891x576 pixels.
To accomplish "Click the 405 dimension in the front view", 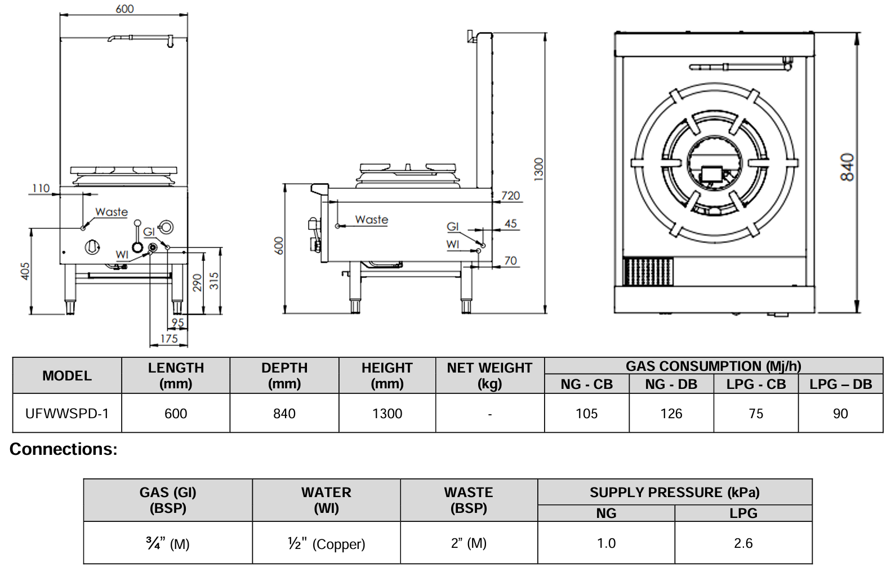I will pyautogui.click(x=25, y=271).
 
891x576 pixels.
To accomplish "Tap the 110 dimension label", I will pyautogui.click(x=41, y=188).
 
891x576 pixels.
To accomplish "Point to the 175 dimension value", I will pyautogui.click(x=169, y=338).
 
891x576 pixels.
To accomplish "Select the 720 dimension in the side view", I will pyautogui.click(x=510, y=196).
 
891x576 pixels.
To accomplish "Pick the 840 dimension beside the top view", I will pyautogui.click(x=847, y=167).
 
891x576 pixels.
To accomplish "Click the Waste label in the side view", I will pyautogui.click(x=372, y=220).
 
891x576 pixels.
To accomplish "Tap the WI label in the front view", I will pyautogui.click(x=122, y=255).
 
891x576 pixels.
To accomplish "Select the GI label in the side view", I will pyautogui.click(x=453, y=227).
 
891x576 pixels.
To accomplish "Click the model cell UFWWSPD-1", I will pyautogui.click(x=67, y=413).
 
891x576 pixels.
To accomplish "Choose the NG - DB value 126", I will pyautogui.click(x=671, y=414).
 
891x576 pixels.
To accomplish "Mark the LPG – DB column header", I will pyautogui.click(x=840, y=384).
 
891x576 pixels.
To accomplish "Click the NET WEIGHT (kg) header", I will pyautogui.click(x=489, y=375).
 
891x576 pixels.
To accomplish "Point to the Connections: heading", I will pyautogui.click(x=64, y=449).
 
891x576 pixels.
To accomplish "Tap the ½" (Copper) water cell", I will pyautogui.click(x=326, y=543).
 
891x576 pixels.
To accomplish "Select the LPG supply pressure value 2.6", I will pyautogui.click(x=743, y=543).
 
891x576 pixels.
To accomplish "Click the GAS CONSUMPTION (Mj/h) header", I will pyautogui.click(x=713, y=366).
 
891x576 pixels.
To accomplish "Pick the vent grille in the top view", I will pyautogui.click(x=648, y=272).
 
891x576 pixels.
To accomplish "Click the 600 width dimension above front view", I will pyautogui.click(x=124, y=9).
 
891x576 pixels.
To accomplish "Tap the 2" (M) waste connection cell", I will pyautogui.click(x=469, y=543).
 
